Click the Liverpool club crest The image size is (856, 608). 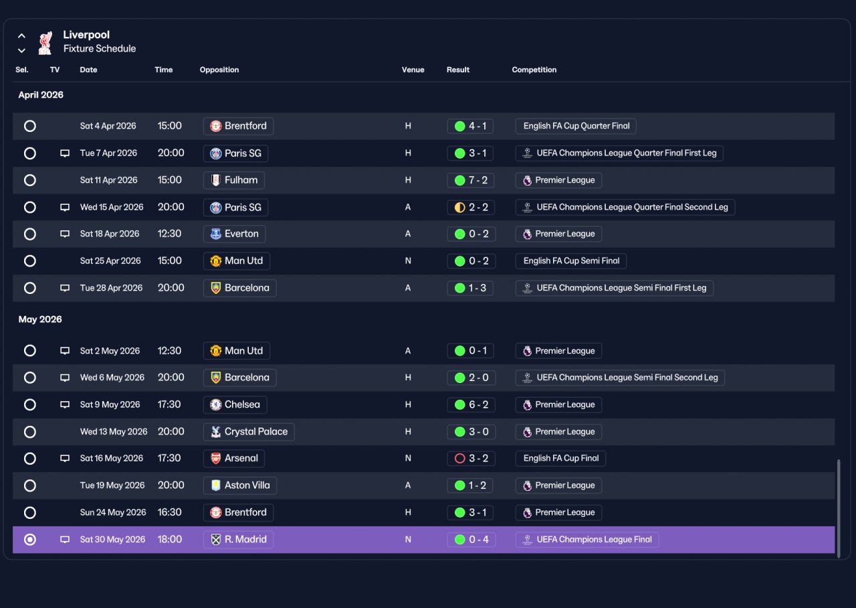pos(45,43)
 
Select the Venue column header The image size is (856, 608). pos(413,70)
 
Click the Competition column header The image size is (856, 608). pos(534,70)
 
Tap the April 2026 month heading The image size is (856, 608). pos(41,95)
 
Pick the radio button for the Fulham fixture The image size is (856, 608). pos(30,180)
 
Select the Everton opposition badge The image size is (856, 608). pos(216,234)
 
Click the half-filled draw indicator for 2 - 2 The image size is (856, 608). pos(459,208)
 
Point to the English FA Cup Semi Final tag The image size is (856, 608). pos(570,261)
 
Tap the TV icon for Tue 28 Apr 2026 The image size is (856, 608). pos(65,288)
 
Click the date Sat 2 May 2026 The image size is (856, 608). pos(110,351)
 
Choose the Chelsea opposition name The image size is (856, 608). pos(242,404)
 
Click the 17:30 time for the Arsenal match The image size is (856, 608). pos(169,458)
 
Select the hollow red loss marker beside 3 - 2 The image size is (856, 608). pos(459,459)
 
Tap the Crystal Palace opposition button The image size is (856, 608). pos(249,432)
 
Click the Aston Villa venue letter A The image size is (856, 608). pos(408,485)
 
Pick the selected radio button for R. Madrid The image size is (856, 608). pos(30,540)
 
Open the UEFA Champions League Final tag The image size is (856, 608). pos(587,540)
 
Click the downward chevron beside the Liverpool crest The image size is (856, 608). pos(22,50)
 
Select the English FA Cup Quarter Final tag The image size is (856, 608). pos(576,126)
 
